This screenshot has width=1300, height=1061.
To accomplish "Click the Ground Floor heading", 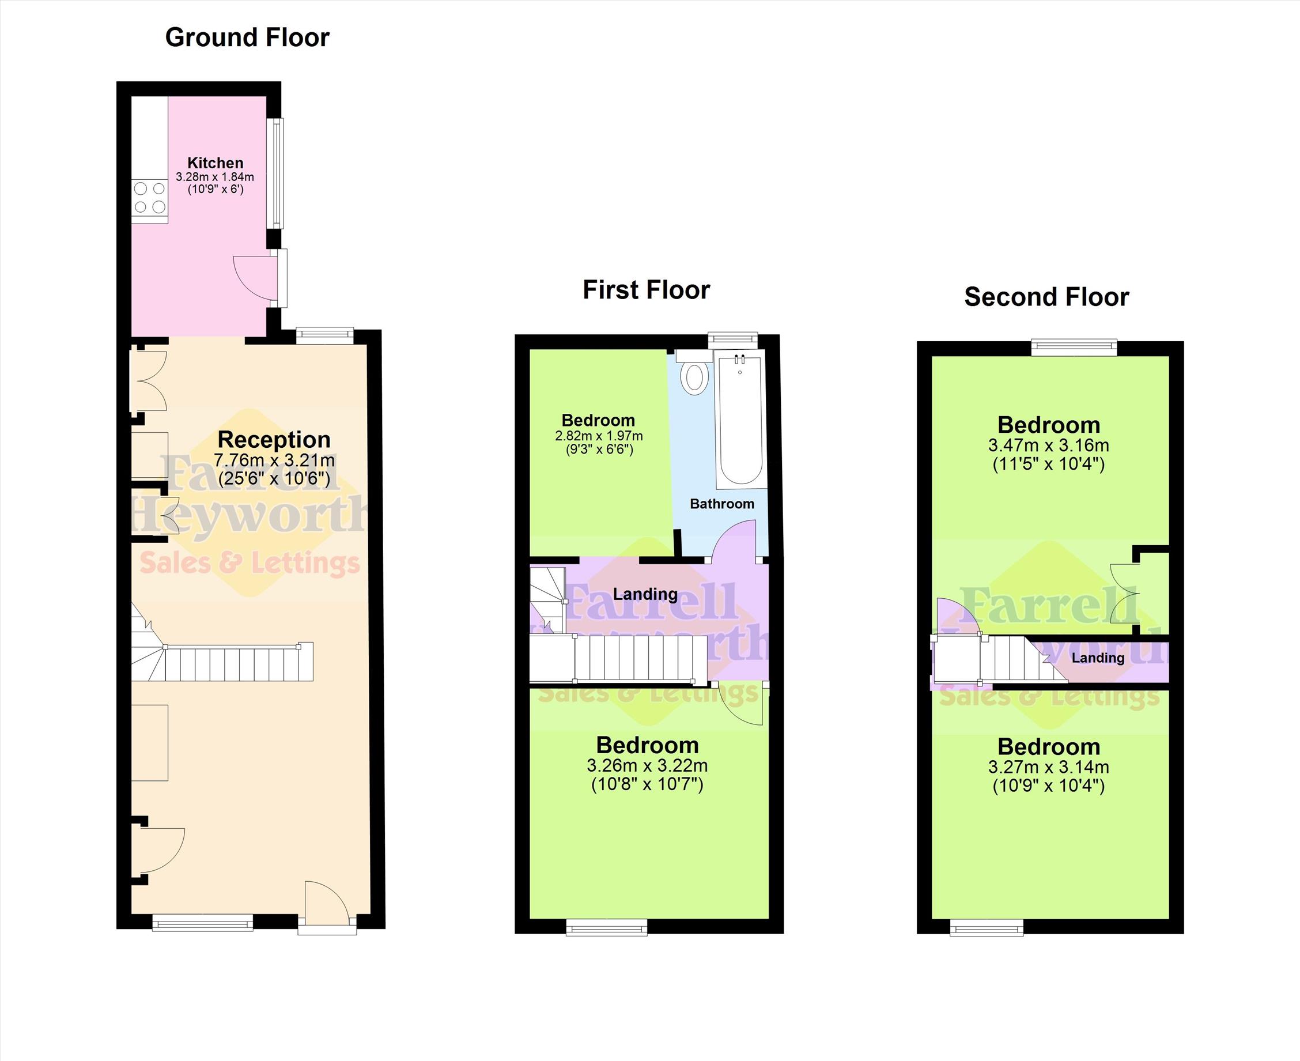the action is [x=247, y=38].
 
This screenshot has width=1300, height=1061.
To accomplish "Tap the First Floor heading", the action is [x=646, y=290].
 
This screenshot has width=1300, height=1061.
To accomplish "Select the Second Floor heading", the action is [x=1046, y=297].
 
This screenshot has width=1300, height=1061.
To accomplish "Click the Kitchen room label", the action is [x=215, y=163].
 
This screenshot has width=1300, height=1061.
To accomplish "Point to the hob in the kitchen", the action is [x=150, y=198].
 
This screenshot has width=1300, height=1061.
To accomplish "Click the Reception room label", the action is [x=274, y=439].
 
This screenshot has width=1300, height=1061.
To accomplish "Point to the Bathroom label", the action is [x=722, y=504].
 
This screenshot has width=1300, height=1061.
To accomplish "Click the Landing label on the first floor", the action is [x=645, y=594].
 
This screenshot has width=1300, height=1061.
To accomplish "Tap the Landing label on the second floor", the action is [x=1098, y=658].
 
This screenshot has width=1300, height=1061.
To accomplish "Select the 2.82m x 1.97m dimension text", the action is [x=598, y=436].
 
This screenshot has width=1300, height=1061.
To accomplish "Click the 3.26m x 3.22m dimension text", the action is [x=647, y=765].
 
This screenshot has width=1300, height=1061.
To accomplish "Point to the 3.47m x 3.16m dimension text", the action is [x=1049, y=445].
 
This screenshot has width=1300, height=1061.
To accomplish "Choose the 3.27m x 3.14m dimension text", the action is [x=1049, y=767].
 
